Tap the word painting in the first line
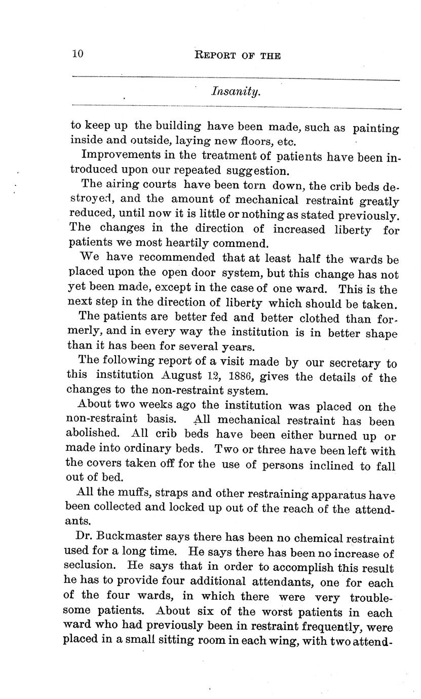tap(375, 129)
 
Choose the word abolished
tap(95, 434)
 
